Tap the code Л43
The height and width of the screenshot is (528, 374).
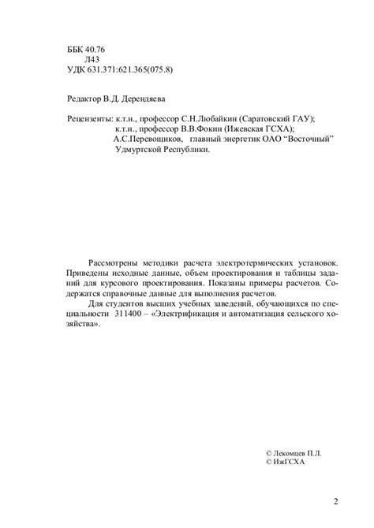click(92, 60)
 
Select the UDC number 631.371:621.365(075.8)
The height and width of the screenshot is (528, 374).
click(133, 70)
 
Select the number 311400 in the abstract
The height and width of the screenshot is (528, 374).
click(130, 311)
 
